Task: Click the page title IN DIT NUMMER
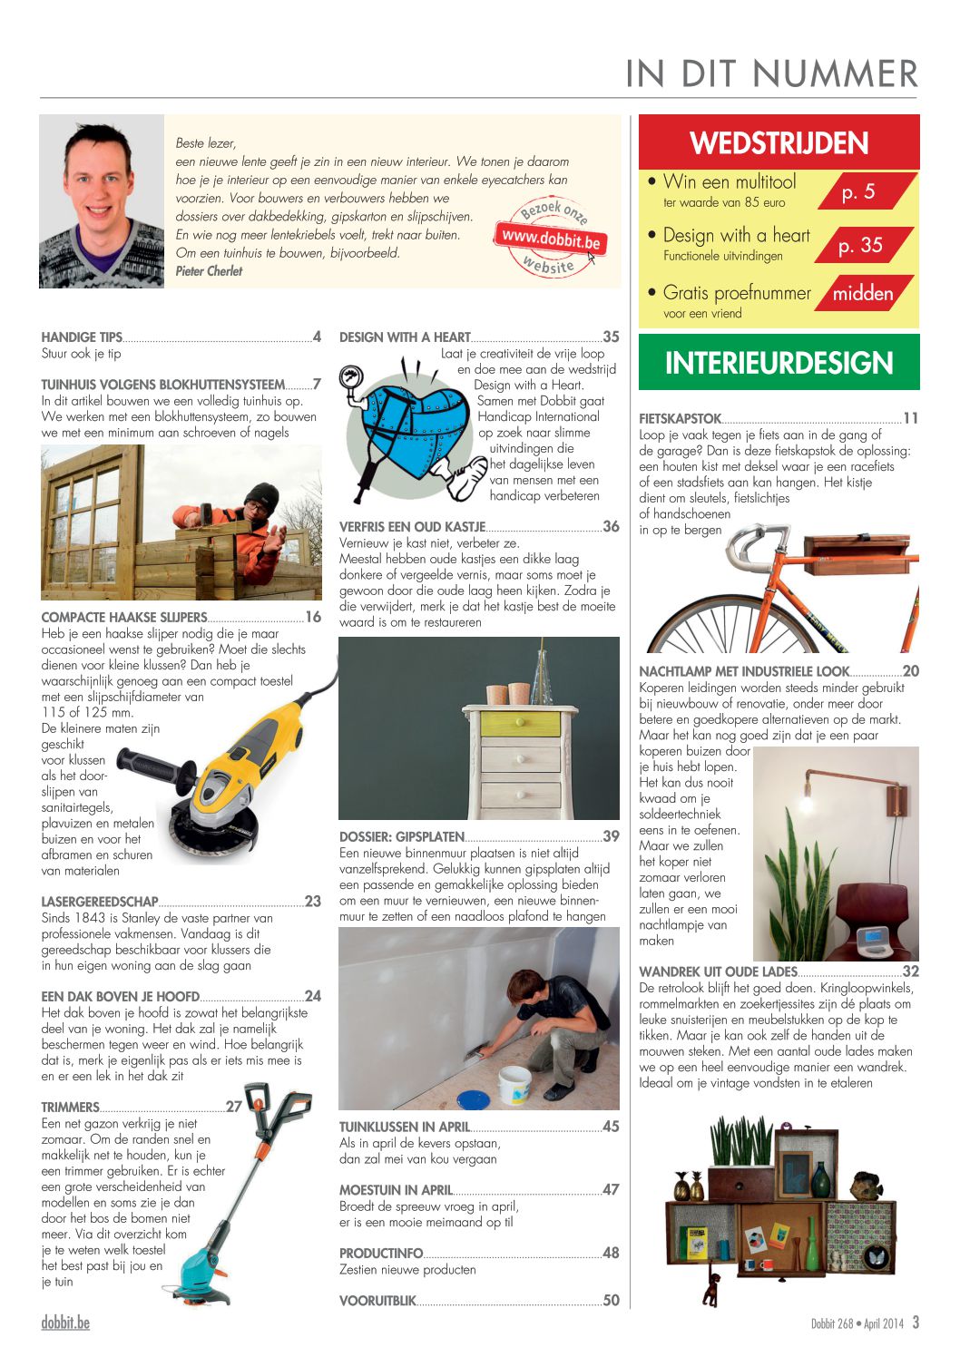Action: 771,73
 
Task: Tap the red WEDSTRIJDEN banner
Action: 779,143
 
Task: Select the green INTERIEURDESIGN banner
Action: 779,363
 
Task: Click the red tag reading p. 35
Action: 859,245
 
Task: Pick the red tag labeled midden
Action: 862,293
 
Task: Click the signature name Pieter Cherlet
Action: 209,271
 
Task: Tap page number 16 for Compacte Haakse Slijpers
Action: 313,617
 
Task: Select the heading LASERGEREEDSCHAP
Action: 100,902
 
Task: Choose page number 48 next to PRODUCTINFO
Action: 611,1253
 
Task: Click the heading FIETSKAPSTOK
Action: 680,419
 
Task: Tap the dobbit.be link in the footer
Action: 65,1323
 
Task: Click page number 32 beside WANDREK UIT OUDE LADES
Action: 911,971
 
